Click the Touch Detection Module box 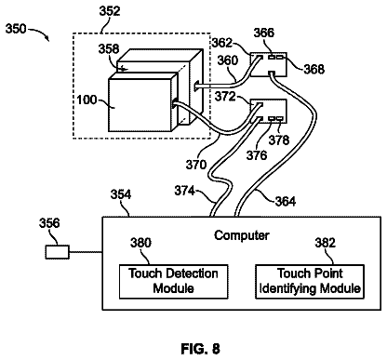(x=174, y=282)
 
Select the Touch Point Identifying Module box (x=310, y=282)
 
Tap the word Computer (x=242, y=235)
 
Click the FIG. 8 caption (x=201, y=349)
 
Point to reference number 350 (x=16, y=29)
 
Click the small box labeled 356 (x=58, y=252)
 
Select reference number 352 (x=110, y=11)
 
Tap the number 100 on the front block (x=87, y=100)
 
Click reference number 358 (x=109, y=49)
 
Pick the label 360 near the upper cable (x=227, y=60)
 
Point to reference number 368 (x=314, y=69)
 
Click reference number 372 (x=225, y=97)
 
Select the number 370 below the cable (x=196, y=165)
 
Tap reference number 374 (x=184, y=191)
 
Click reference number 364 (x=286, y=201)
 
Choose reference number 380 (x=140, y=243)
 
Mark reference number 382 (x=326, y=243)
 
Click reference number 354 (x=121, y=194)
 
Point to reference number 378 (x=279, y=140)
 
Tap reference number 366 (x=264, y=33)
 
